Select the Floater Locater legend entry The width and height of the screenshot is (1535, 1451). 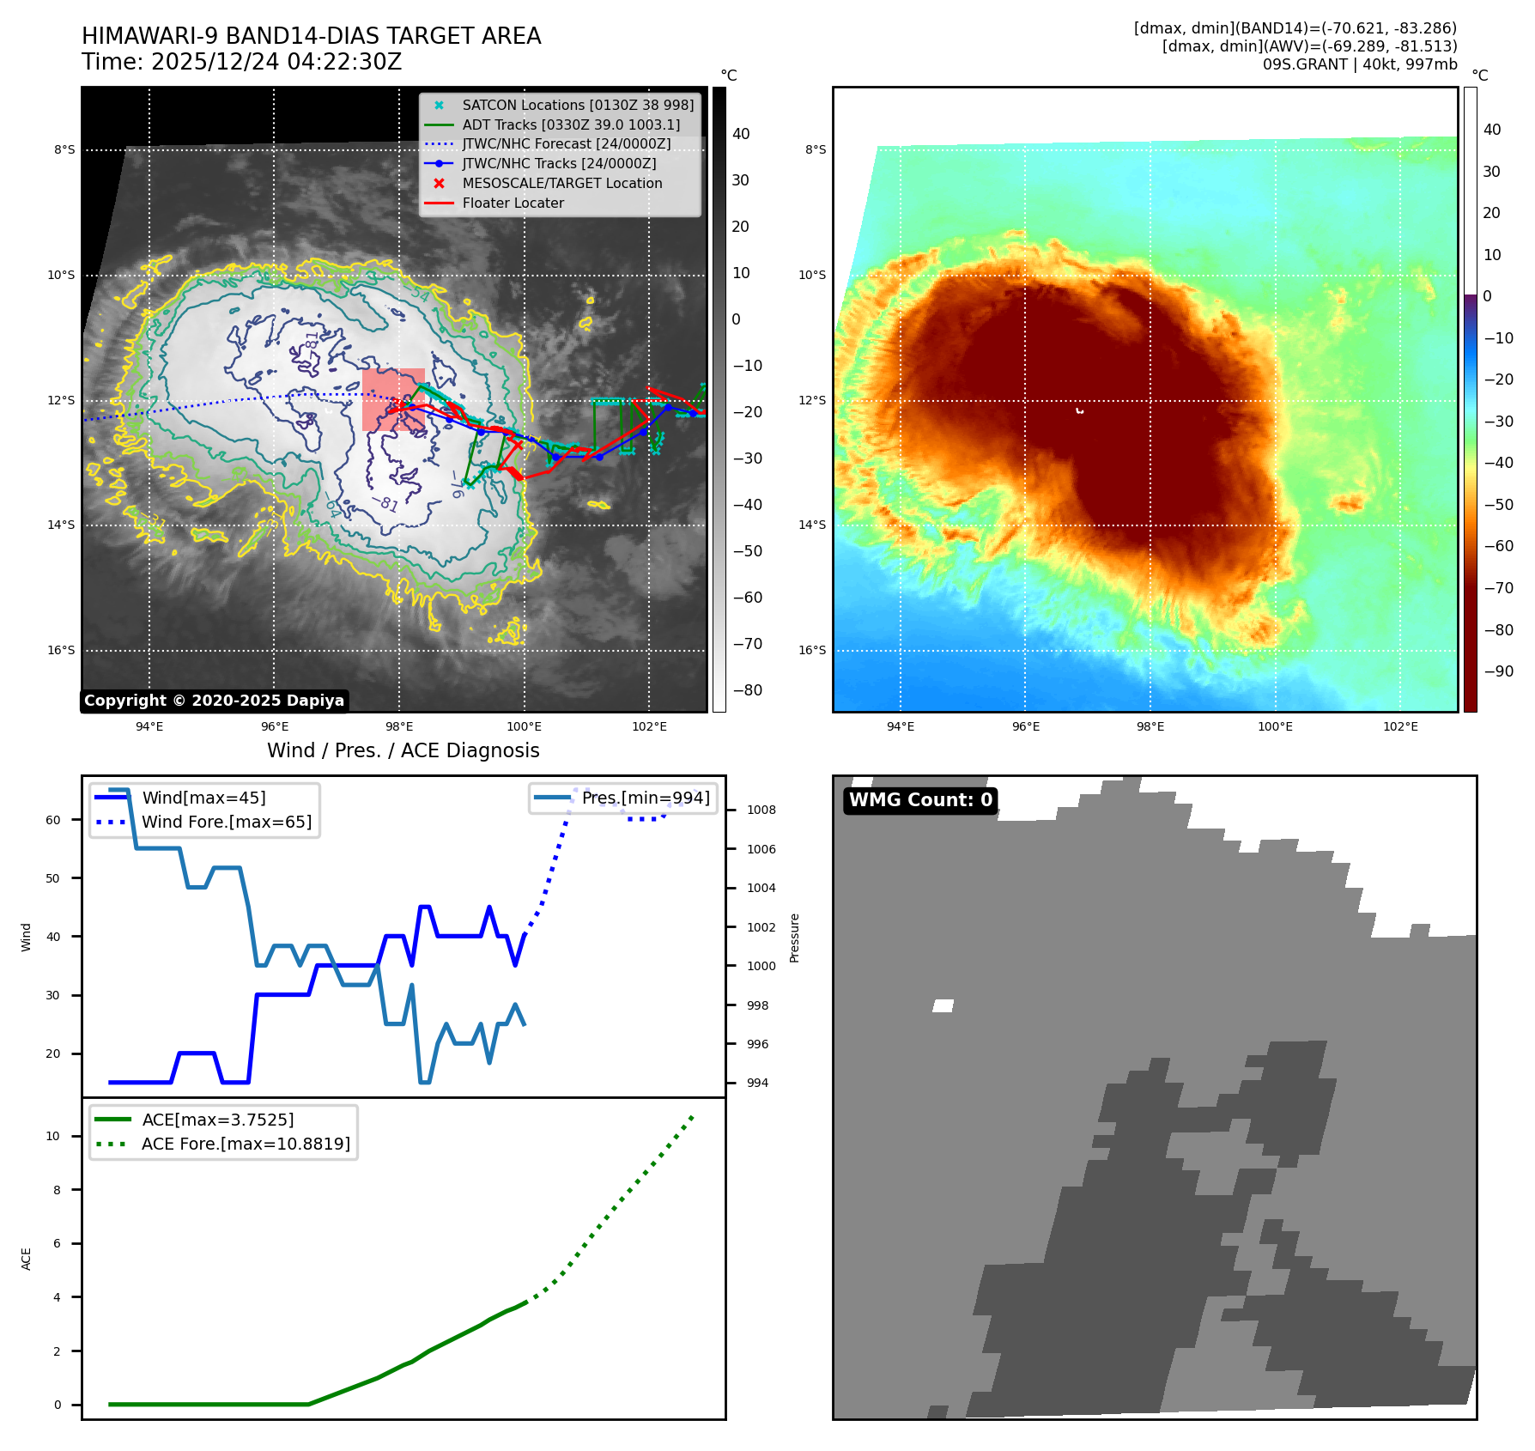(513, 203)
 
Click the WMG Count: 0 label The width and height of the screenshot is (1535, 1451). (920, 800)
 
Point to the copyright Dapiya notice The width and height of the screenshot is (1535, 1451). (214, 701)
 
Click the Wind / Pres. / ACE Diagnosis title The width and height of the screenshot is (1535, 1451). (403, 750)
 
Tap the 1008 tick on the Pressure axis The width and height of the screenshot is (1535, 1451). (761, 810)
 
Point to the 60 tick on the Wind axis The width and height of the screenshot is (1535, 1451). (53, 820)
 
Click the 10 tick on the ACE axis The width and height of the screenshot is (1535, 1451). (53, 1136)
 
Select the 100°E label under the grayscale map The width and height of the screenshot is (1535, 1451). (524, 726)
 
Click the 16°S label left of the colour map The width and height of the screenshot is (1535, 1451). (812, 650)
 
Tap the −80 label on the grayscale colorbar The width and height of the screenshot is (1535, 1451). (747, 690)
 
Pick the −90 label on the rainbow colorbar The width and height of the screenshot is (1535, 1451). (1498, 671)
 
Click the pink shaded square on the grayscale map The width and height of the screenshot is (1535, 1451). (393, 399)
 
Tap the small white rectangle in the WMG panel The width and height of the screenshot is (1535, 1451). (943, 1005)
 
